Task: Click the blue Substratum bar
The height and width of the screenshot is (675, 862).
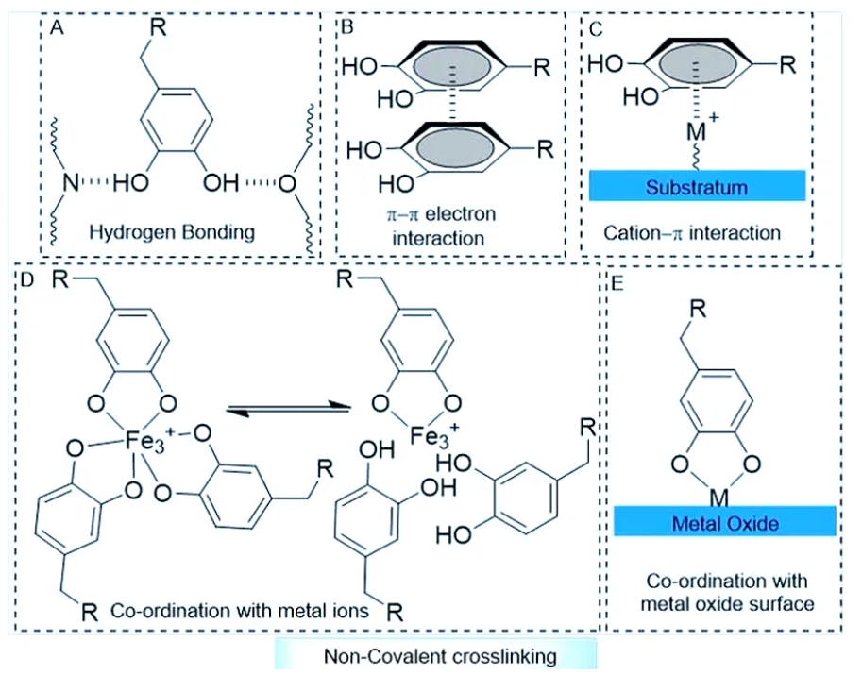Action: (697, 187)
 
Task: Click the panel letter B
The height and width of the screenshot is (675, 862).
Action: (346, 25)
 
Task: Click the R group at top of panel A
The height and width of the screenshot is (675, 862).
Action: (161, 22)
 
